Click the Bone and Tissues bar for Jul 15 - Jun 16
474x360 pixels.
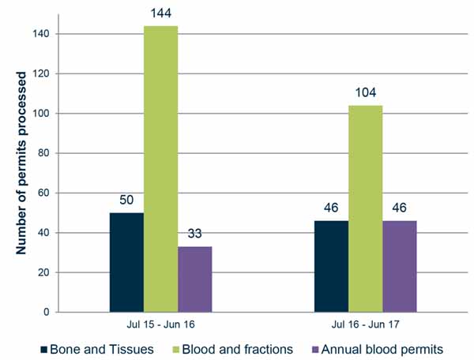coord(126,262)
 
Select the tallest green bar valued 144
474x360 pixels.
coord(160,169)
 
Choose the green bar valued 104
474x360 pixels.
coord(365,208)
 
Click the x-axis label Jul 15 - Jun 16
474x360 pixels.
coord(160,324)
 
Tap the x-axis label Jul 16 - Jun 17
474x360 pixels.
coord(365,324)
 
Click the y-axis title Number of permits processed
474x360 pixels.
coord(21,163)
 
